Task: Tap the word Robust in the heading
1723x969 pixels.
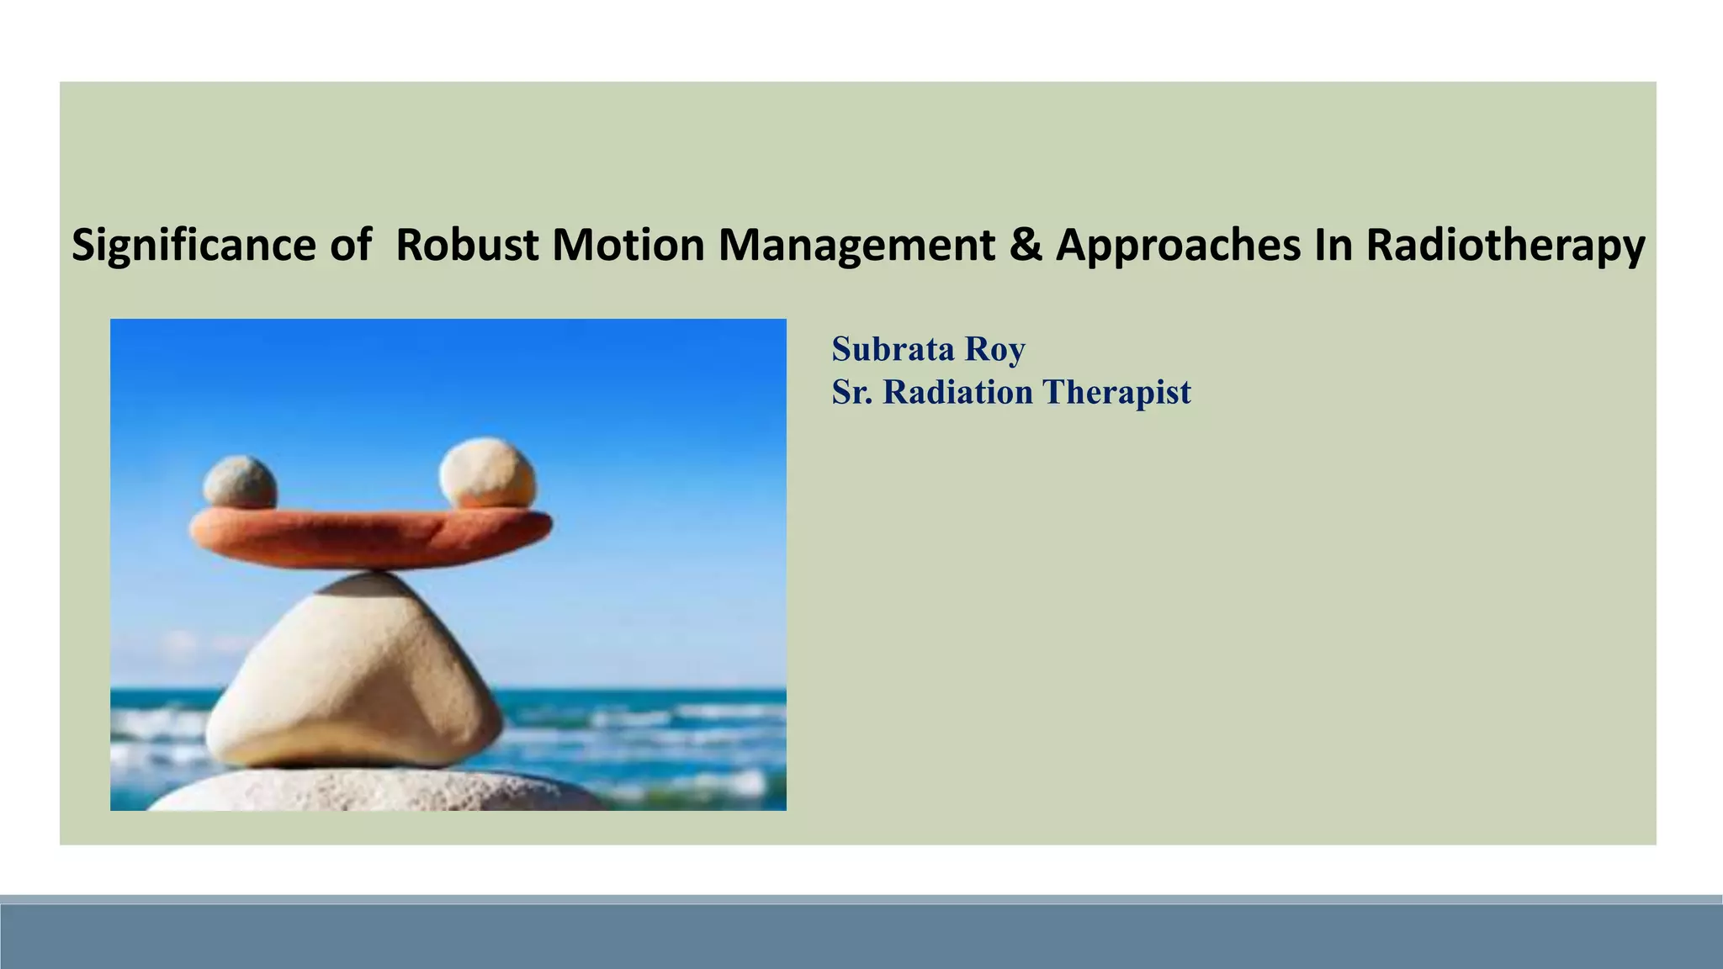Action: tap(467, 246)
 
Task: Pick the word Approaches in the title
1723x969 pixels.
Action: tap(1178, 246)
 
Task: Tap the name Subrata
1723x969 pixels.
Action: tap(893, 349)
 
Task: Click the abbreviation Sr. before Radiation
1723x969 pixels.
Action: tap(851, 392)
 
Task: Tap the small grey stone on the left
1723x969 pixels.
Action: tap(240, 483)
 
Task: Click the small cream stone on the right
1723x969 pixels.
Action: tap(487, 474)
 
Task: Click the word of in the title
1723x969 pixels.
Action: tap(350, 246)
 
